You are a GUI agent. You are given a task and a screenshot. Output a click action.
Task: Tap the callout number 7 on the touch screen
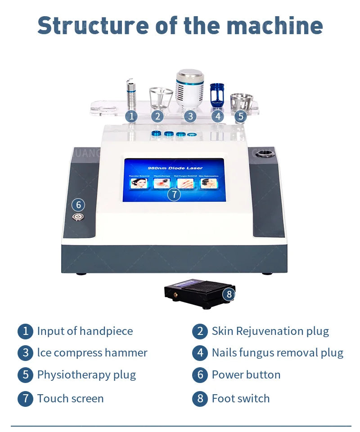174,194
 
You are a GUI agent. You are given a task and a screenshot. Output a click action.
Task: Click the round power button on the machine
78,217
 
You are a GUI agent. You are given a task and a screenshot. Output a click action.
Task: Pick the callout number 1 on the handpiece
131,116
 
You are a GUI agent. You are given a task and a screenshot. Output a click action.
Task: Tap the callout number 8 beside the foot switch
229,294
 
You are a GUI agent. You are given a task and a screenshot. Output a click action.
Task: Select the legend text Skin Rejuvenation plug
270,331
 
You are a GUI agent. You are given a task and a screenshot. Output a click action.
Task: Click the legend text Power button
246,374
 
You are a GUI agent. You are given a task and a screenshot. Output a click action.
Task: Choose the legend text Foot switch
240,398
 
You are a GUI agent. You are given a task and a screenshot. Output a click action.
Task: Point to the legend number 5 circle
26,375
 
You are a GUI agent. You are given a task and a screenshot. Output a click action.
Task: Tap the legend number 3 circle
26,353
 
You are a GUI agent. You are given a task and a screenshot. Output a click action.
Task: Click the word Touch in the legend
51,398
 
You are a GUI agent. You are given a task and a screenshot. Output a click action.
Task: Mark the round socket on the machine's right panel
264,155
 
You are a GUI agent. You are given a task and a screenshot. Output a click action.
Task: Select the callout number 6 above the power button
78,205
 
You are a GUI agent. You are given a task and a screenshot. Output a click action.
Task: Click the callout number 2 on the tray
157,116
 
